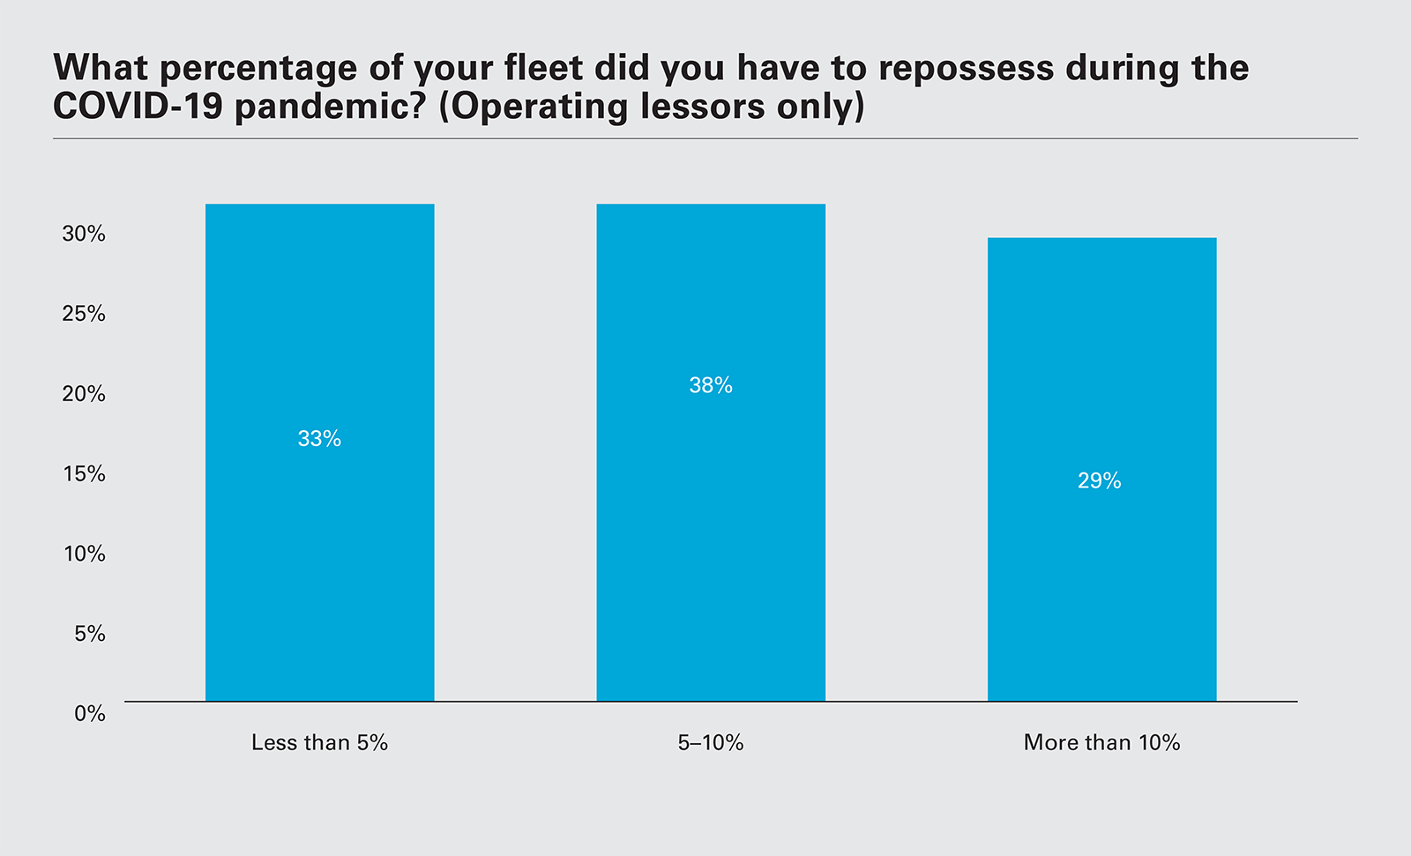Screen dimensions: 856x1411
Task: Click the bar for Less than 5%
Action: coord(319,529)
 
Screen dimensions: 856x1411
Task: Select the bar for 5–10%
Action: coord(711,529)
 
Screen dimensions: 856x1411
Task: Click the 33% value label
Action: coord(319,439)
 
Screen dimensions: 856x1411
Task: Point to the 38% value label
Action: coord(711,385)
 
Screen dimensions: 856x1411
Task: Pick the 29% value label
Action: coord(1100,480)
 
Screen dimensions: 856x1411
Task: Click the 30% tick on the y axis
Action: coord(84,234)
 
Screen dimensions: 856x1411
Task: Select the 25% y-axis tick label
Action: coord(84,314)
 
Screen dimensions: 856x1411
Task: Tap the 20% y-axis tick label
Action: coord(84,394)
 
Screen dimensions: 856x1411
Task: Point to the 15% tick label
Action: coord(84,473)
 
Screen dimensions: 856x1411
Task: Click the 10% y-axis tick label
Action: coord(84,554)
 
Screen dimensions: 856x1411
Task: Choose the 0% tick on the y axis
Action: coord(89,713)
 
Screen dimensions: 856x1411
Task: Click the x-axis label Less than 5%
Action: coord(319,742)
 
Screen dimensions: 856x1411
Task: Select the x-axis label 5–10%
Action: coord(711,742)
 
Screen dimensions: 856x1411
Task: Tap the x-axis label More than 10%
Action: coord(1101,742)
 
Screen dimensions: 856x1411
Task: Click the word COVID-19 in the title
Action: coord(138,107)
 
